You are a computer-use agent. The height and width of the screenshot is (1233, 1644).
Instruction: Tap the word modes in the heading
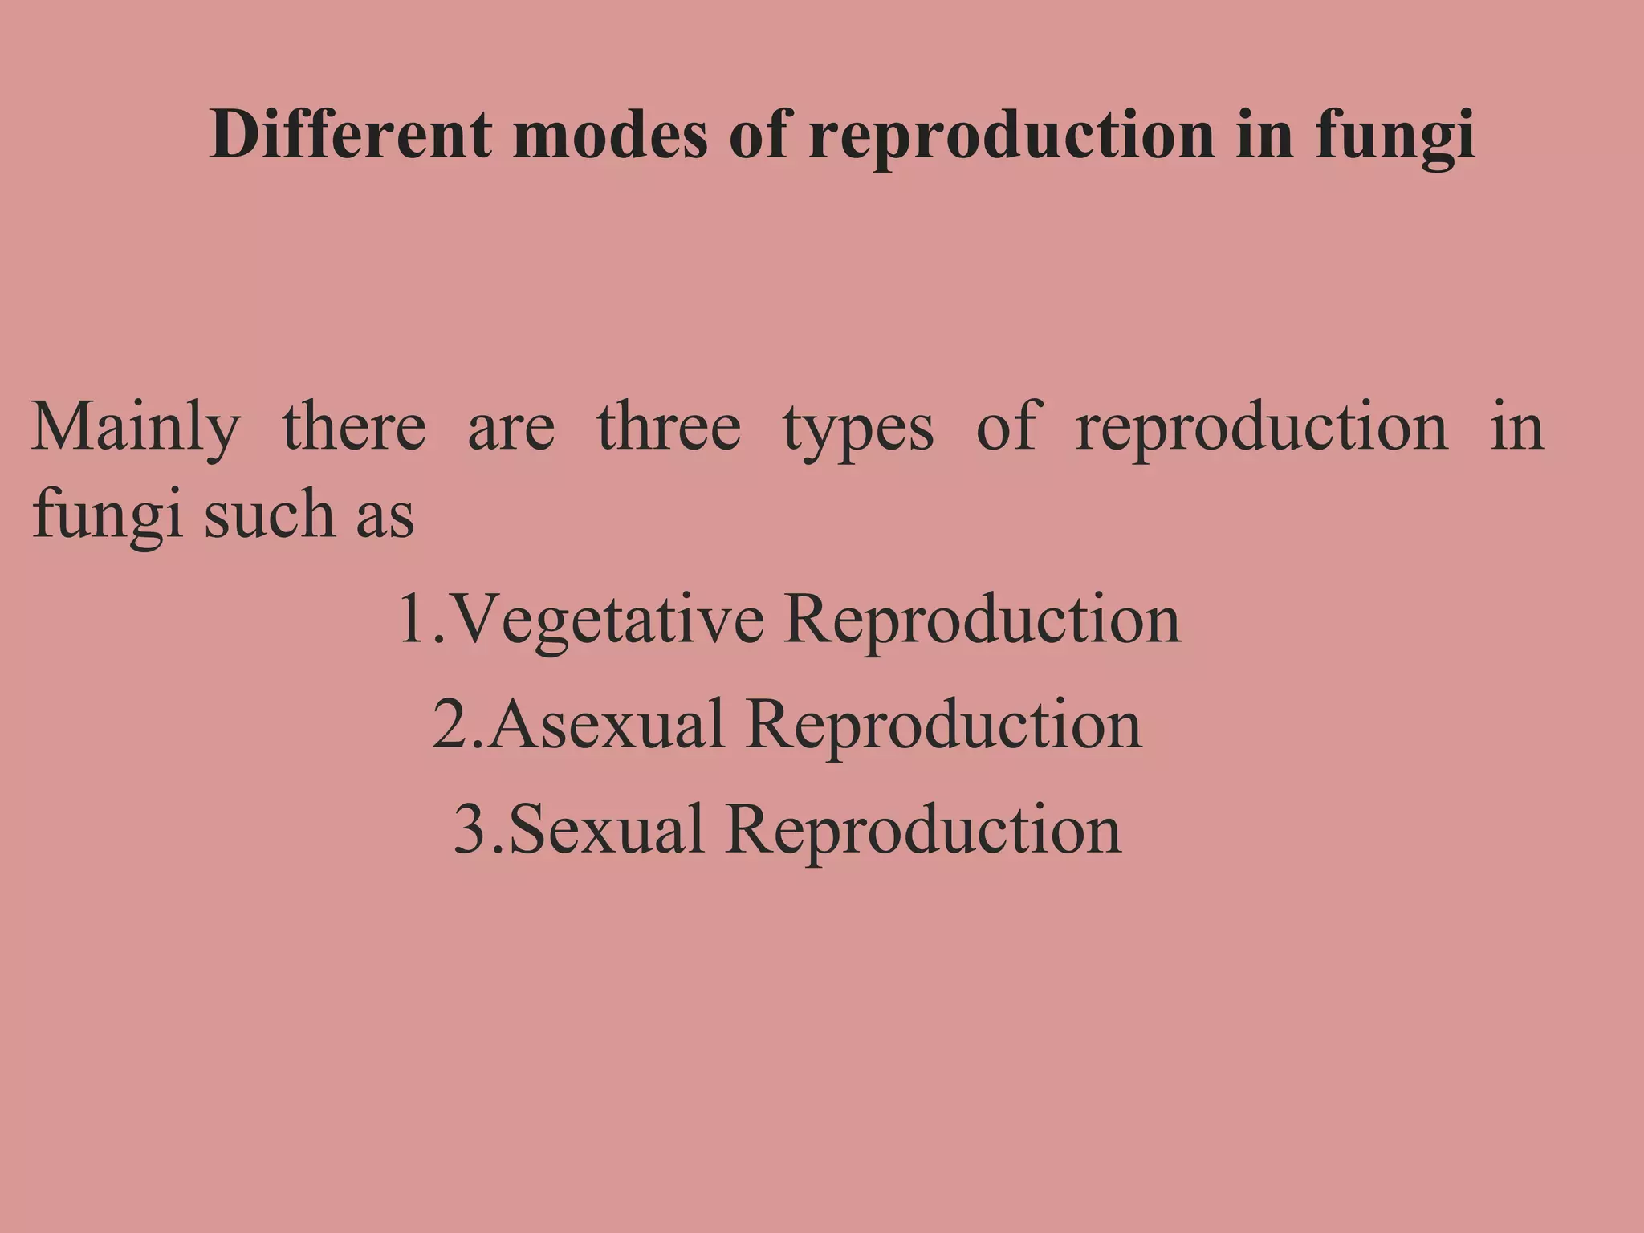610,135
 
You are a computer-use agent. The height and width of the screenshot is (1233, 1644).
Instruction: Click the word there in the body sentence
354,427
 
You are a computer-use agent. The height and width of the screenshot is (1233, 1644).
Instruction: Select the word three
669,427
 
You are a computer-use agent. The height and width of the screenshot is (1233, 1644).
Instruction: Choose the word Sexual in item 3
607,829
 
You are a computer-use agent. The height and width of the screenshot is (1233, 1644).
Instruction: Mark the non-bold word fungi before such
108,515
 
